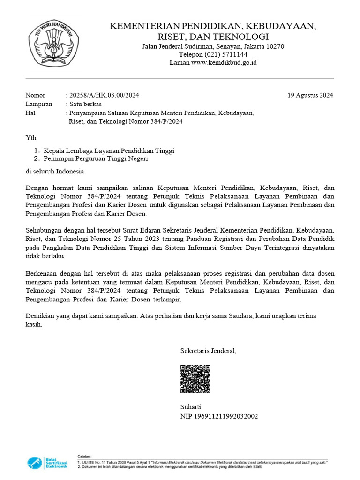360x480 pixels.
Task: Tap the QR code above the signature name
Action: coord(195,379)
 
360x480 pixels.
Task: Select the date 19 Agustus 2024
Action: coord(310,95)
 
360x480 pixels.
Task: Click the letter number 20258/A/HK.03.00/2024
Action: coord(104,95)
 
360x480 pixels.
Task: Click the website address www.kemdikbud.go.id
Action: coord(224,62)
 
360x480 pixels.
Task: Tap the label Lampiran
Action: coord(39,104)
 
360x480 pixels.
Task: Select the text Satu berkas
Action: coord(85,104)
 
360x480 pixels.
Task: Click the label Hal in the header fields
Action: coord(30,113)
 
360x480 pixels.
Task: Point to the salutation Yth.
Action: coord(31,138)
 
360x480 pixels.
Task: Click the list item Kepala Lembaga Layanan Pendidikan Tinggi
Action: coord(109,151)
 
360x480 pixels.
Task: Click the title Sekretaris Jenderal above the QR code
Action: coord(209,351)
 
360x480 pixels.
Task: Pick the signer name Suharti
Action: coord(191,407)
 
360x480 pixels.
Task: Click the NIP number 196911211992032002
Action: coord(219,416)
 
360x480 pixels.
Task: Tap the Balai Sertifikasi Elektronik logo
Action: coord(47,463)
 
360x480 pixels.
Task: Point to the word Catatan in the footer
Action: coord(85,456)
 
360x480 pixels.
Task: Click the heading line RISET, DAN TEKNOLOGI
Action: coord(213,37)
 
